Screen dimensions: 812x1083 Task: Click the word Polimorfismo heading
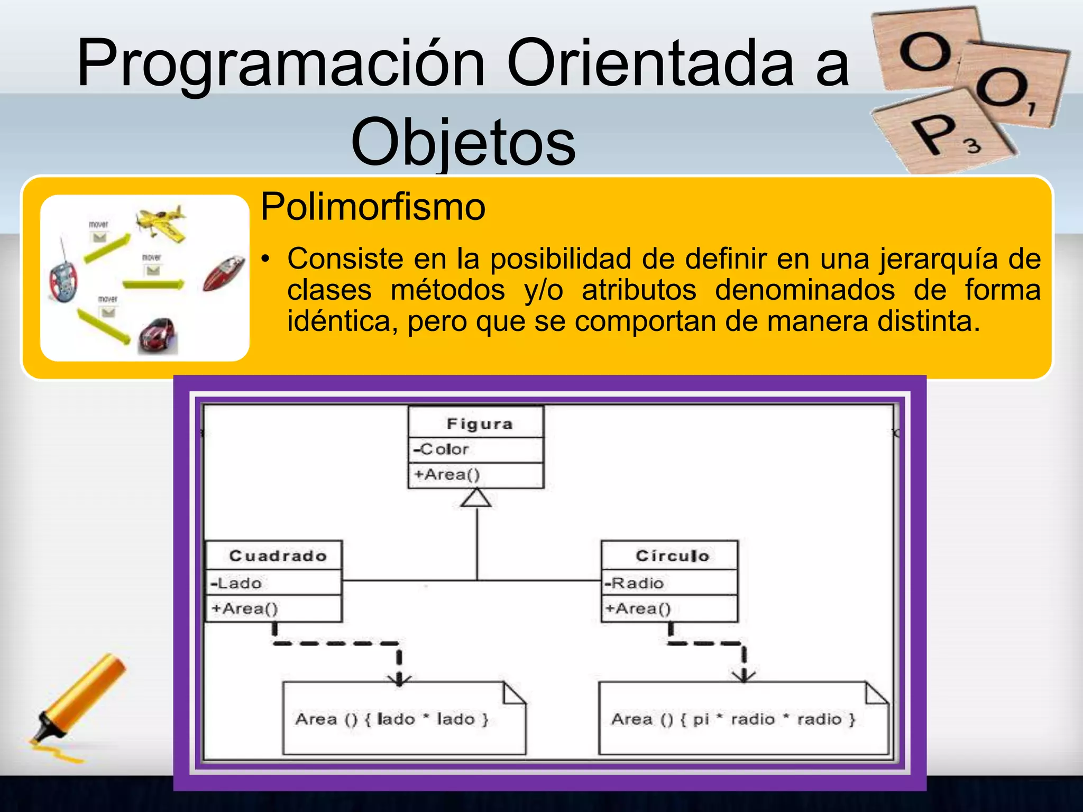pos(373,207)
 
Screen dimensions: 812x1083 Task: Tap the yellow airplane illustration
pos(161,223)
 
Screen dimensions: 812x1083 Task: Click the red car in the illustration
pos(158,335)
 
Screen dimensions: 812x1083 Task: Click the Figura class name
pos(479,424)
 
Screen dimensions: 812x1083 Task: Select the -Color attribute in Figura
pos(441,449)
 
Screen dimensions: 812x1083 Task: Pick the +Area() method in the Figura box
pos(447,474)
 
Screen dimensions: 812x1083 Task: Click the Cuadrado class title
pos(278,556)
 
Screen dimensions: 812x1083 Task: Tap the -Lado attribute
pos(236,583)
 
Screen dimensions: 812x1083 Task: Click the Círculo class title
pos(672,556)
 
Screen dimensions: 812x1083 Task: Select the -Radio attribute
pos(634,583)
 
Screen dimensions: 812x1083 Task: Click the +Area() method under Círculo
pos(638,608)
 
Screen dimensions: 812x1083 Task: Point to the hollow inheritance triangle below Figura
pos(476,498)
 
